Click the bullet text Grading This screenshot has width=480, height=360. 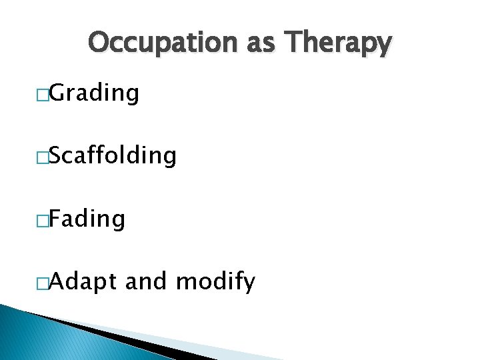tap(94, 94)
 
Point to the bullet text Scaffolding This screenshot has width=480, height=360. tap(113, 155)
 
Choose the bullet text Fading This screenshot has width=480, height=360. tap(87, 218)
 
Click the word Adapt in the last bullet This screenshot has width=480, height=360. tap(84, 282)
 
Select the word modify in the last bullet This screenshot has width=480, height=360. tap(215, 282)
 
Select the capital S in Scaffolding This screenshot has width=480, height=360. tap(57, 155)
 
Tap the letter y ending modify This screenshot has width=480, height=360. tap(249, 284)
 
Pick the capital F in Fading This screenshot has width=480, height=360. tap(56, 218)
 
